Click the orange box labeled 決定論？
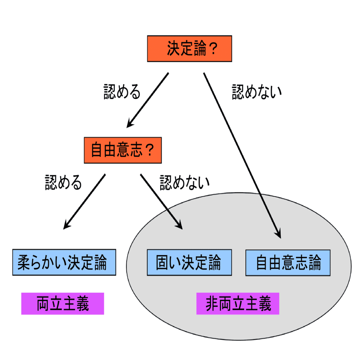point(190,49)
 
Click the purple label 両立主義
point(63,304)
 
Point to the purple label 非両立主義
point(238,304)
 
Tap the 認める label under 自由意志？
point(64,182)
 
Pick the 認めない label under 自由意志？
point(184,182)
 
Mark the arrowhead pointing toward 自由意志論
point(278,234)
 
